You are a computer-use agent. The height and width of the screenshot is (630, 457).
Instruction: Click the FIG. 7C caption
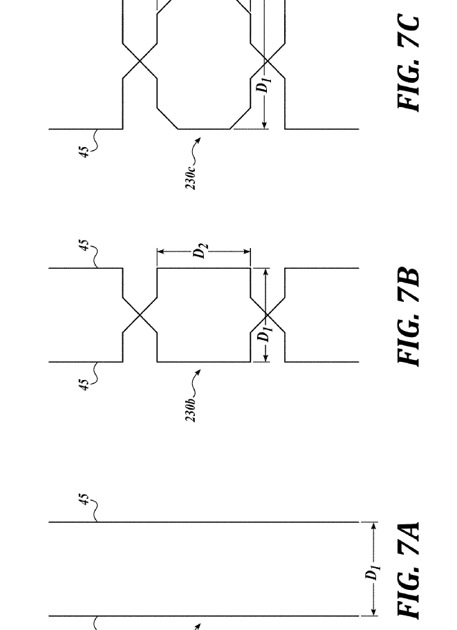[408, 63]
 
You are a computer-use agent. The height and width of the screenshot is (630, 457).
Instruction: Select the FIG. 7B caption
[408, 317]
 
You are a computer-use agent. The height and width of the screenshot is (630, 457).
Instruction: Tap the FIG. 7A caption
[408, 570]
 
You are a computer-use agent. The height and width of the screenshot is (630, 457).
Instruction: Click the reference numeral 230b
[191, 409]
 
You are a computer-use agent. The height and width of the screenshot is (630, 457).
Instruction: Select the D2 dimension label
[200, 250]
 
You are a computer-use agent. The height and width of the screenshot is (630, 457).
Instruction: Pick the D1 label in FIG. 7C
[264, 84]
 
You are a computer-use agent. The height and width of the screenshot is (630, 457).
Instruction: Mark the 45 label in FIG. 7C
[83, 152]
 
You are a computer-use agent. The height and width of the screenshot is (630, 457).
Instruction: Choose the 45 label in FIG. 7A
[83, 499]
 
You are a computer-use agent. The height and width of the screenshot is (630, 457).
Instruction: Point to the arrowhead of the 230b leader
[198, 372]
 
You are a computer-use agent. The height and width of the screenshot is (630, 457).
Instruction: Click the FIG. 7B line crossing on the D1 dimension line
[267, 315]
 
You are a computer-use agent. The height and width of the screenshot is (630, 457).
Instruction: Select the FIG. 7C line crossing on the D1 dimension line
[267, 61]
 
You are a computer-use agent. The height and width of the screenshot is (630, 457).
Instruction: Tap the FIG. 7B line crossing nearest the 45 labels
[140, 315]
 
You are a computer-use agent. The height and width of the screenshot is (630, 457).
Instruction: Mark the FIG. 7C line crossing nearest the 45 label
[140, 61]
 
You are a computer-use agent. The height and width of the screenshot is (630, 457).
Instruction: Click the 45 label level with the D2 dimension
[83, 245]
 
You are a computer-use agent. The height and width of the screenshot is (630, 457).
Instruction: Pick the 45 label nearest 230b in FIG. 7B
[83, 385]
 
